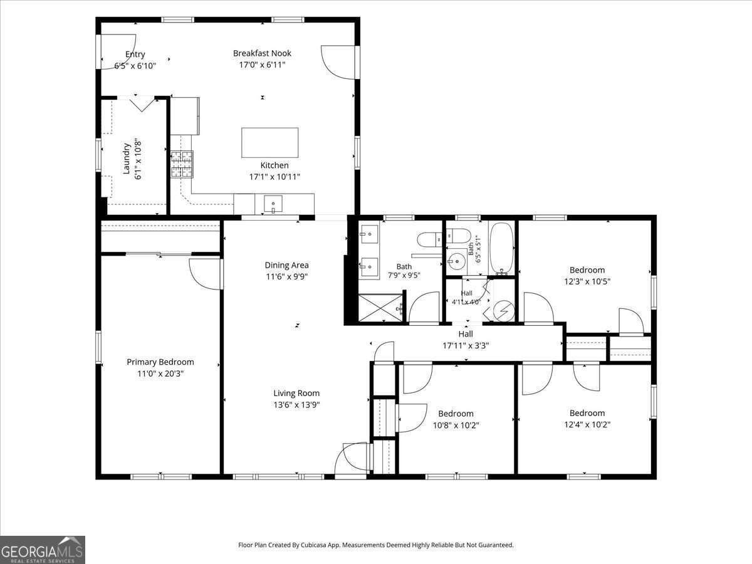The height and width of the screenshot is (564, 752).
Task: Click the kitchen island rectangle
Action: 269,143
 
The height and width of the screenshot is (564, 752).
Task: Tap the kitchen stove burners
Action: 182,164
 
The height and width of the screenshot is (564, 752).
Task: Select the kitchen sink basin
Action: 273,204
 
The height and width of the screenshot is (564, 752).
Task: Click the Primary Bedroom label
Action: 160,362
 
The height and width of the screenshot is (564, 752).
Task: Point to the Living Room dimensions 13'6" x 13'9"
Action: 296,405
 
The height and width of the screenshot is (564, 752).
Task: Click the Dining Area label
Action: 287,265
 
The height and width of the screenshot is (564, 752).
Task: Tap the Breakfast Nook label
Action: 262,53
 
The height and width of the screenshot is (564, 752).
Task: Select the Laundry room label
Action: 127,159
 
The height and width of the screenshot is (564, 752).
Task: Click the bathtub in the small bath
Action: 501,249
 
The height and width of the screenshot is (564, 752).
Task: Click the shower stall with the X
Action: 380,308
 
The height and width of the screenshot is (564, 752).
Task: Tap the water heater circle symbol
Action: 504,311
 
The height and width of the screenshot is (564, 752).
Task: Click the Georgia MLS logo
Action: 42,550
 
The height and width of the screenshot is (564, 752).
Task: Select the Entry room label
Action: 135,54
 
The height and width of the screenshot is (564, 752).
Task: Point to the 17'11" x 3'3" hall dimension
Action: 466,345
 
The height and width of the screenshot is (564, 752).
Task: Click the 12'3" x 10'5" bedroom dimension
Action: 587,281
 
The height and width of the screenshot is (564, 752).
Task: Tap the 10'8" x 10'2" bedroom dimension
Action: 456,426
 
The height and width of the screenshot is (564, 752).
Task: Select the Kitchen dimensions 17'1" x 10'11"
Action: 274,177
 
